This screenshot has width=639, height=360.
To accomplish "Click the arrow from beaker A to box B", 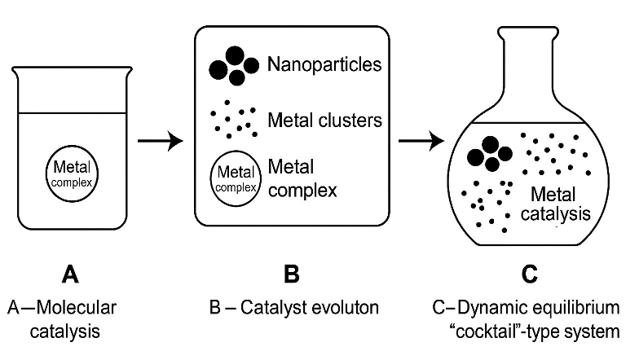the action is click(x=160, y=141).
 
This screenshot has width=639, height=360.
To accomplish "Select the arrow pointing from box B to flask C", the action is click(x=421, y=141).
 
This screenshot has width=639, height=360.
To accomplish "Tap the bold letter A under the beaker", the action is click(x=70, y=274).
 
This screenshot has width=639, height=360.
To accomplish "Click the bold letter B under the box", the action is click(x=292, y=274).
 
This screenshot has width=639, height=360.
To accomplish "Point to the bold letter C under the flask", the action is click(x=530, y=274).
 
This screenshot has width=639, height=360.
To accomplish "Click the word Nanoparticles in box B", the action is click(x=324, y=64).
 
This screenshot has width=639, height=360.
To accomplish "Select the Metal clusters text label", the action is click(x=324, y=121).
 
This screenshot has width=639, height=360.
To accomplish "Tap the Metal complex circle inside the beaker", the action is click(x=72, y=173).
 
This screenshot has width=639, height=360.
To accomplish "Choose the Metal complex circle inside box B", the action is click(x=236, y=178).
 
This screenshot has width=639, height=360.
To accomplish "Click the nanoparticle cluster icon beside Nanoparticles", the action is click(x=234, y=66).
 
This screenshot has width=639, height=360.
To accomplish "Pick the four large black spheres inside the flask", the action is click(x=490, y=154).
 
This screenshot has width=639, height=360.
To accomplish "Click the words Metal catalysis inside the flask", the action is click(x=556, y=204).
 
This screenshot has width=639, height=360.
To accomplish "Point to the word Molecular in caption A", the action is click(x=77, y=308).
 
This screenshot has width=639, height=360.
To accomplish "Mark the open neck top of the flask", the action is click(x=528, y=29).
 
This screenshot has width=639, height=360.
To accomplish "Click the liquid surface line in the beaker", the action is click(x=72, y=112).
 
